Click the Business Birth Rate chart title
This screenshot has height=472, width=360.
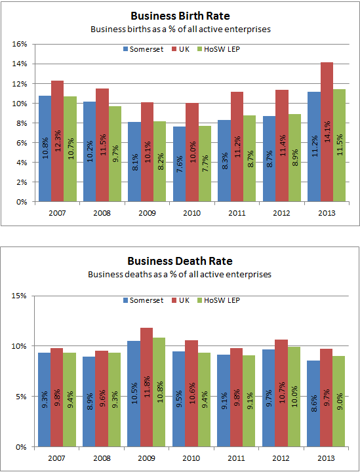point(180,16)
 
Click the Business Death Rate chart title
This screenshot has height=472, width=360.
point(180,261)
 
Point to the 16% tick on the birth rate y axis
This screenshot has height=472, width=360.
point(19,45)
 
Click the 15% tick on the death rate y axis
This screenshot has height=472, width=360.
point(19,296)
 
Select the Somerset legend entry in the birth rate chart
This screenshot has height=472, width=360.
point(143,49)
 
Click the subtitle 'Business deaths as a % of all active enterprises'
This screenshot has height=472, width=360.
point(180,274)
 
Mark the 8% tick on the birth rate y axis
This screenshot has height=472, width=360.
point(20,123)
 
